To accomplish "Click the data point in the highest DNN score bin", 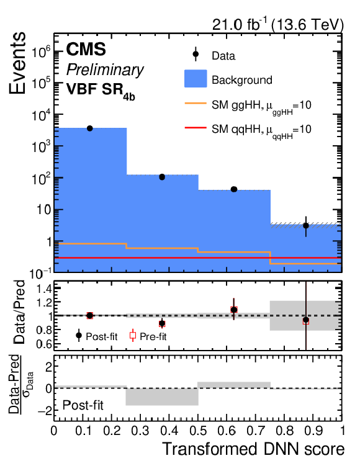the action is coord(306,226).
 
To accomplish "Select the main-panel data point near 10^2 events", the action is coord(162,177).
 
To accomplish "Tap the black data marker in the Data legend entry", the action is coord(196,54).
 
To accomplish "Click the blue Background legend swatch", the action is coord(196,79).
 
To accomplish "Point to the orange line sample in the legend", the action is coord(196,104).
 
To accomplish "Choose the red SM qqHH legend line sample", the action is coord(196,128).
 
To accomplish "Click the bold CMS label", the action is coord(86,49).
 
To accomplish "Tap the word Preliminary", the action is coord(105,70).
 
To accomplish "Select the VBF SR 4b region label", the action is coord(101,91).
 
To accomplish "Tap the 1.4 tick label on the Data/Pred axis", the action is coord(45,289).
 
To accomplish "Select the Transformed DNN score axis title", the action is coord(254,449).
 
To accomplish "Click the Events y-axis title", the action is coord(17,63).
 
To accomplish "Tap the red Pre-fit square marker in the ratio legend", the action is coord(133,336).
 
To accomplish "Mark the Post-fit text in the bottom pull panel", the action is coord(83,405).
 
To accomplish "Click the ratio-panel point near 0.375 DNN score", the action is coord(162,323).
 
